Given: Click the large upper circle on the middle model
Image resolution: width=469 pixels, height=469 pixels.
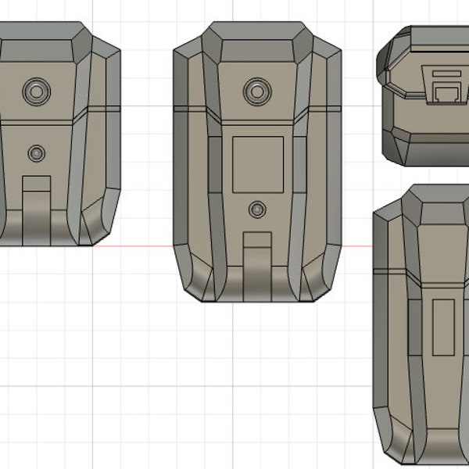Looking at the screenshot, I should click(x=256, y=91).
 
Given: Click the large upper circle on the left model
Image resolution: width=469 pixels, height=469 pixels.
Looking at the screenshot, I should click(x=36, y=92).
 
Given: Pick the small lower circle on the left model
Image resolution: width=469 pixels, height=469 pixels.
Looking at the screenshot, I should click(x=36, y=153).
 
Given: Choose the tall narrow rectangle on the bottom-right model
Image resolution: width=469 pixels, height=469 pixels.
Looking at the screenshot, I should click(x=444, y=325).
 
